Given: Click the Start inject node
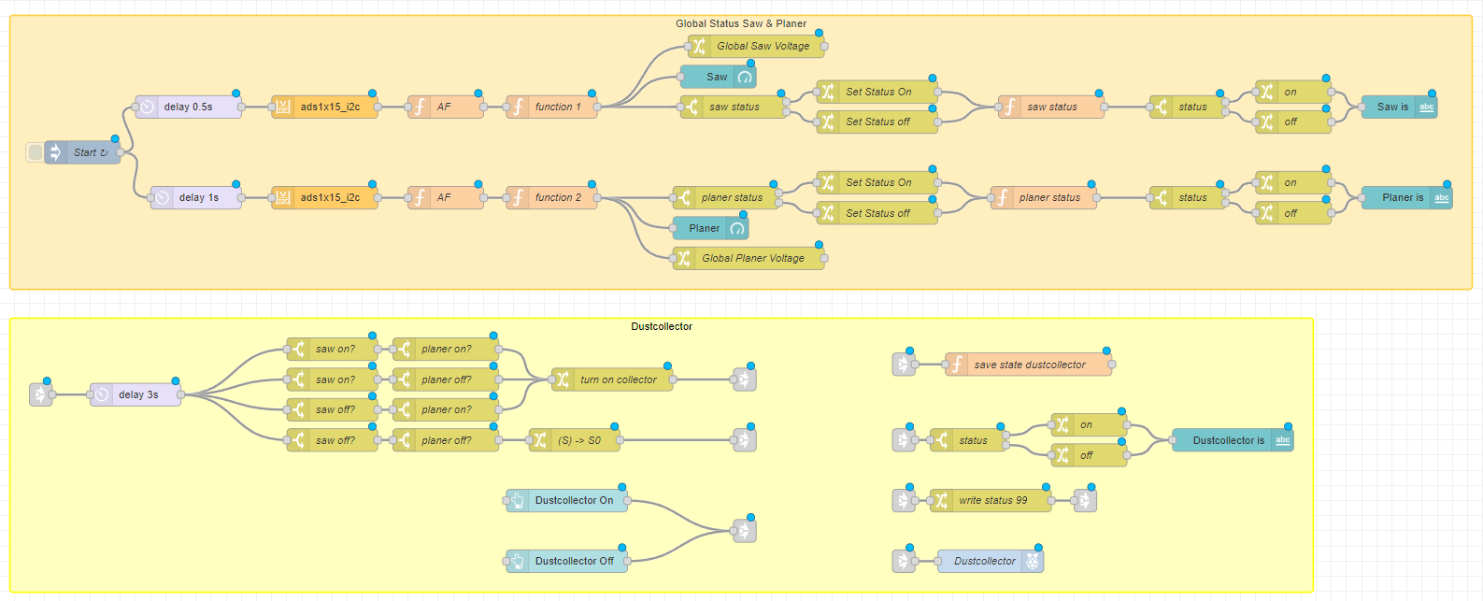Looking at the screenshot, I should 84,152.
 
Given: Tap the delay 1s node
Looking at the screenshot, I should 197,197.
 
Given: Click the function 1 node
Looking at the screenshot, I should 557,107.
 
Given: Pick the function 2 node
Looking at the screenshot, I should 557,197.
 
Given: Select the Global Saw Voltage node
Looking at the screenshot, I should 762,46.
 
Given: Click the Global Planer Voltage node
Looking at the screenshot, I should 752,258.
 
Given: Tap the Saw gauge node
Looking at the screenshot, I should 717,77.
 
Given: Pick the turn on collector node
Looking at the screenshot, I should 617,379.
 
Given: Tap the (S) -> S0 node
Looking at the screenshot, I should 578,440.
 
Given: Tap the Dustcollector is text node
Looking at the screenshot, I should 1227,440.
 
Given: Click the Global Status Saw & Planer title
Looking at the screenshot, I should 740,23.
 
